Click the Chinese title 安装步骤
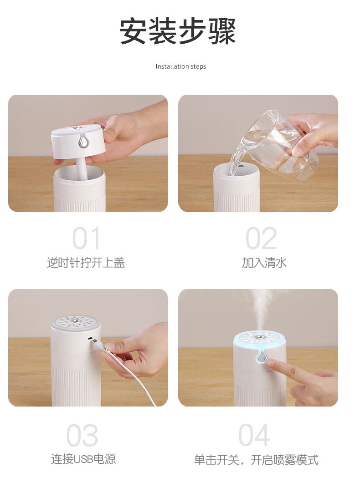point(178,31)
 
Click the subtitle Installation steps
point(181,66)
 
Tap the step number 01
point(86,239)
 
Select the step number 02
point(261,239)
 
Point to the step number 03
point(82,435)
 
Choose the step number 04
point(254,435)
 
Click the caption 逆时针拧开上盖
point(86,263)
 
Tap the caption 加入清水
point(264,263)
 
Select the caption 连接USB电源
point(83,459)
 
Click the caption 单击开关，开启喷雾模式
point(256,459)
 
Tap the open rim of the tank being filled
point(236,170)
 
